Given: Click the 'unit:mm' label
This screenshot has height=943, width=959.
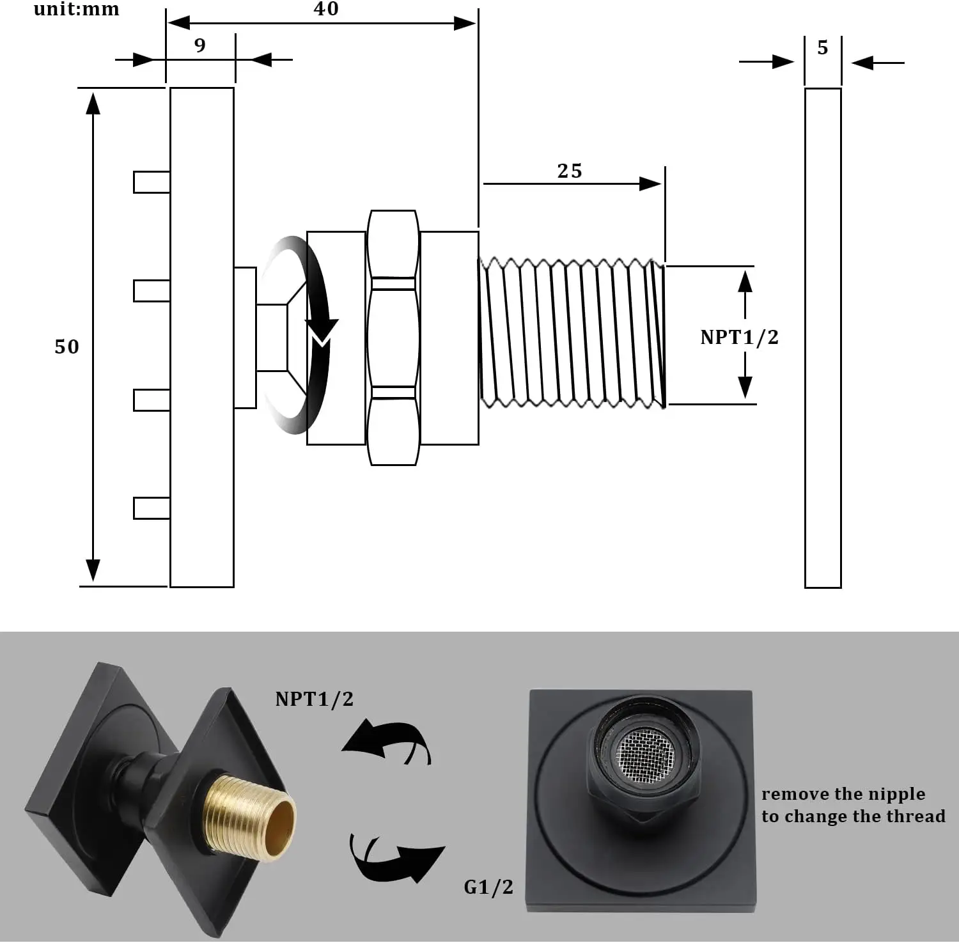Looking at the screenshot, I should (76, 10).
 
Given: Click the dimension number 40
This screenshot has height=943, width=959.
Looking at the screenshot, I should (326, 9).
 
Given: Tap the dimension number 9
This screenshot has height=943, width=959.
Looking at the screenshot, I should (200, 45).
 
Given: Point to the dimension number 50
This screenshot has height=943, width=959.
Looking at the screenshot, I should (66, 347).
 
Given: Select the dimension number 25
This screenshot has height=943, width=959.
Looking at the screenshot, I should (570, 171).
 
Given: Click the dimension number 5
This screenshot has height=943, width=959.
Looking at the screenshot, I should (823, 48).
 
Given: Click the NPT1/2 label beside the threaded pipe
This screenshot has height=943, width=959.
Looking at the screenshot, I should (739, 337).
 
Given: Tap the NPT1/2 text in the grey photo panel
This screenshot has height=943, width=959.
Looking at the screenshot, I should (314, 699).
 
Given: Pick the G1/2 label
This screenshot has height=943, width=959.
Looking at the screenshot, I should (488, 887).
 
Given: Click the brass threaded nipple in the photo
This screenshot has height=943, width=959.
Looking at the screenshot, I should (249, 818).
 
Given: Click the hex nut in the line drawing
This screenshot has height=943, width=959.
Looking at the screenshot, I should (394, 337).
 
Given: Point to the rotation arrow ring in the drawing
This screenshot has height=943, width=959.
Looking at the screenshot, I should (300, 336).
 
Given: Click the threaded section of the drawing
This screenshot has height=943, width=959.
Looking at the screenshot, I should (572, 332).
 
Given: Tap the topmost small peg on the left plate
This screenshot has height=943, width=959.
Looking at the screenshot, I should (152, 182).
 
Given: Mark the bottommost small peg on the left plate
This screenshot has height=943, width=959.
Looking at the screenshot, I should (152, 508).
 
